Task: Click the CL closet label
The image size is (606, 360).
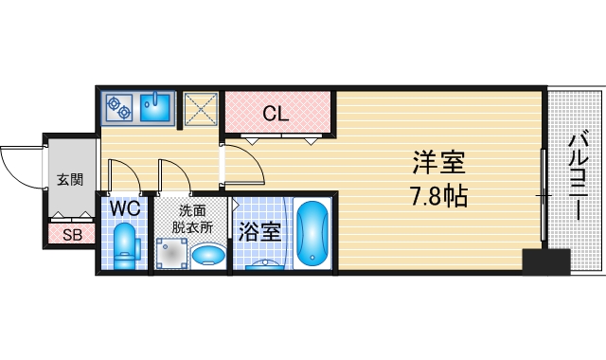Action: point(276,115)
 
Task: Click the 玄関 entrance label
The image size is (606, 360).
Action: point(69,180)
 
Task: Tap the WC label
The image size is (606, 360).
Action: point(124,207)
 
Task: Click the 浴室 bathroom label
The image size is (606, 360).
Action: point(258,231)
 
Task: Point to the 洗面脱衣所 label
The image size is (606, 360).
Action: point(191,220)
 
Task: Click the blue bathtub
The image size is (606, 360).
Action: point(312,235)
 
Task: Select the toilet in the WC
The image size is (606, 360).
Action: point(125,246)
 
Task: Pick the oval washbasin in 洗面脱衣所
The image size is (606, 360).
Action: point(207,254)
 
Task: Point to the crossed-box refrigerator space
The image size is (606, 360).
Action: point(201,108)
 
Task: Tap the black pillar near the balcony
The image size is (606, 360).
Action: point(547,261)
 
